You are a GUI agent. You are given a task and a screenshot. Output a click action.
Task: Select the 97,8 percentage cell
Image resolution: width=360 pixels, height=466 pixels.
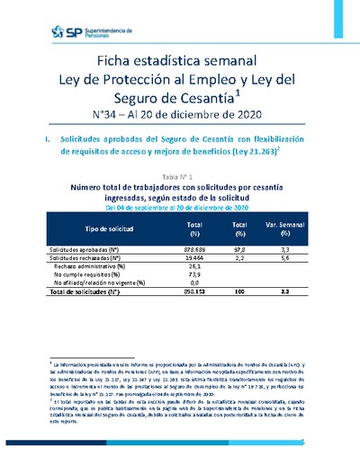pyautogui.click(x=239, y=247)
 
